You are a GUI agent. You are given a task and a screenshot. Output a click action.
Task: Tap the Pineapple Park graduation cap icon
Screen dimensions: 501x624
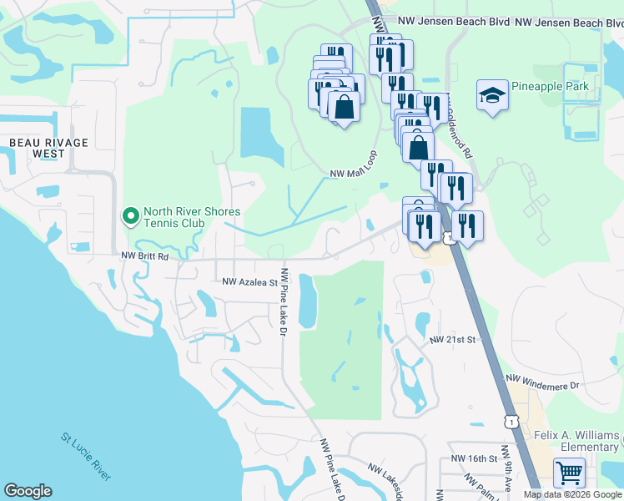coord(492,95)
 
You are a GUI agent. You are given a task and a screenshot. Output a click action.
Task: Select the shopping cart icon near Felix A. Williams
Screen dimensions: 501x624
coord(569,474)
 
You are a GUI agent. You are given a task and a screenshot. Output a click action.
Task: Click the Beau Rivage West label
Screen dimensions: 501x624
coord(48,148)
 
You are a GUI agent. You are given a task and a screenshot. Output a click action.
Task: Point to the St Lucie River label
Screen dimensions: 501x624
coord(86,456)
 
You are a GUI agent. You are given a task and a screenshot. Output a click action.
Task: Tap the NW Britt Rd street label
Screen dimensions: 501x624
coord(144,257)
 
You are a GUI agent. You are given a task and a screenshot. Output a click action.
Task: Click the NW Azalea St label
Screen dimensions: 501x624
coord(249,283)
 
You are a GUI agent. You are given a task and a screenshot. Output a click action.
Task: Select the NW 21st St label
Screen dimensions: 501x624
coord(452,341)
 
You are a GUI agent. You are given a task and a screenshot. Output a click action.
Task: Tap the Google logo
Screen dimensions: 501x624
coord(28,491)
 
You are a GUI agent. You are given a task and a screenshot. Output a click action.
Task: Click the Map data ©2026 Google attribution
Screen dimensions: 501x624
coord(572,494)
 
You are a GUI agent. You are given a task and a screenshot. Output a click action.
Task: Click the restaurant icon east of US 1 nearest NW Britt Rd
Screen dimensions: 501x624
coord(466,225)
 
